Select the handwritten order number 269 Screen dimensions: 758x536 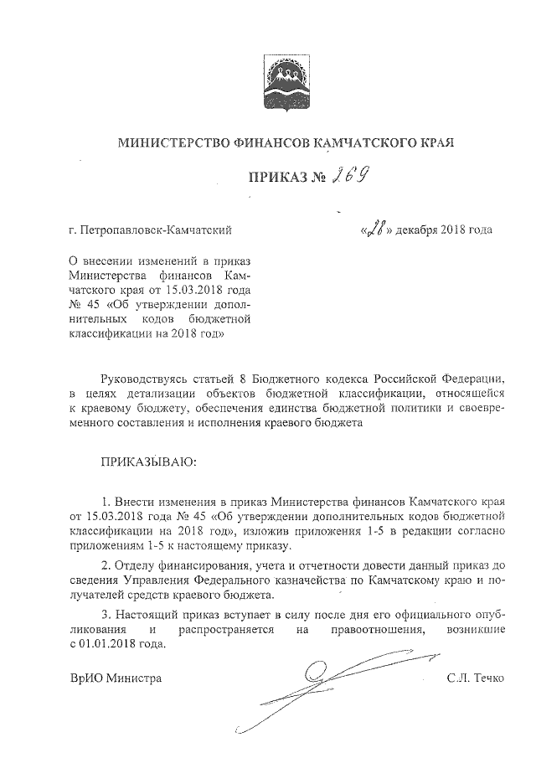coord(352,175)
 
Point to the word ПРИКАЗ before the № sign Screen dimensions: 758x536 coord(276,178)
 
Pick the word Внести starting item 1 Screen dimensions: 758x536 coord(138,500)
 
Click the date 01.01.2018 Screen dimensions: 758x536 coord(108,644)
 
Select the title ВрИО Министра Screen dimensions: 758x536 coord(116,678)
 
